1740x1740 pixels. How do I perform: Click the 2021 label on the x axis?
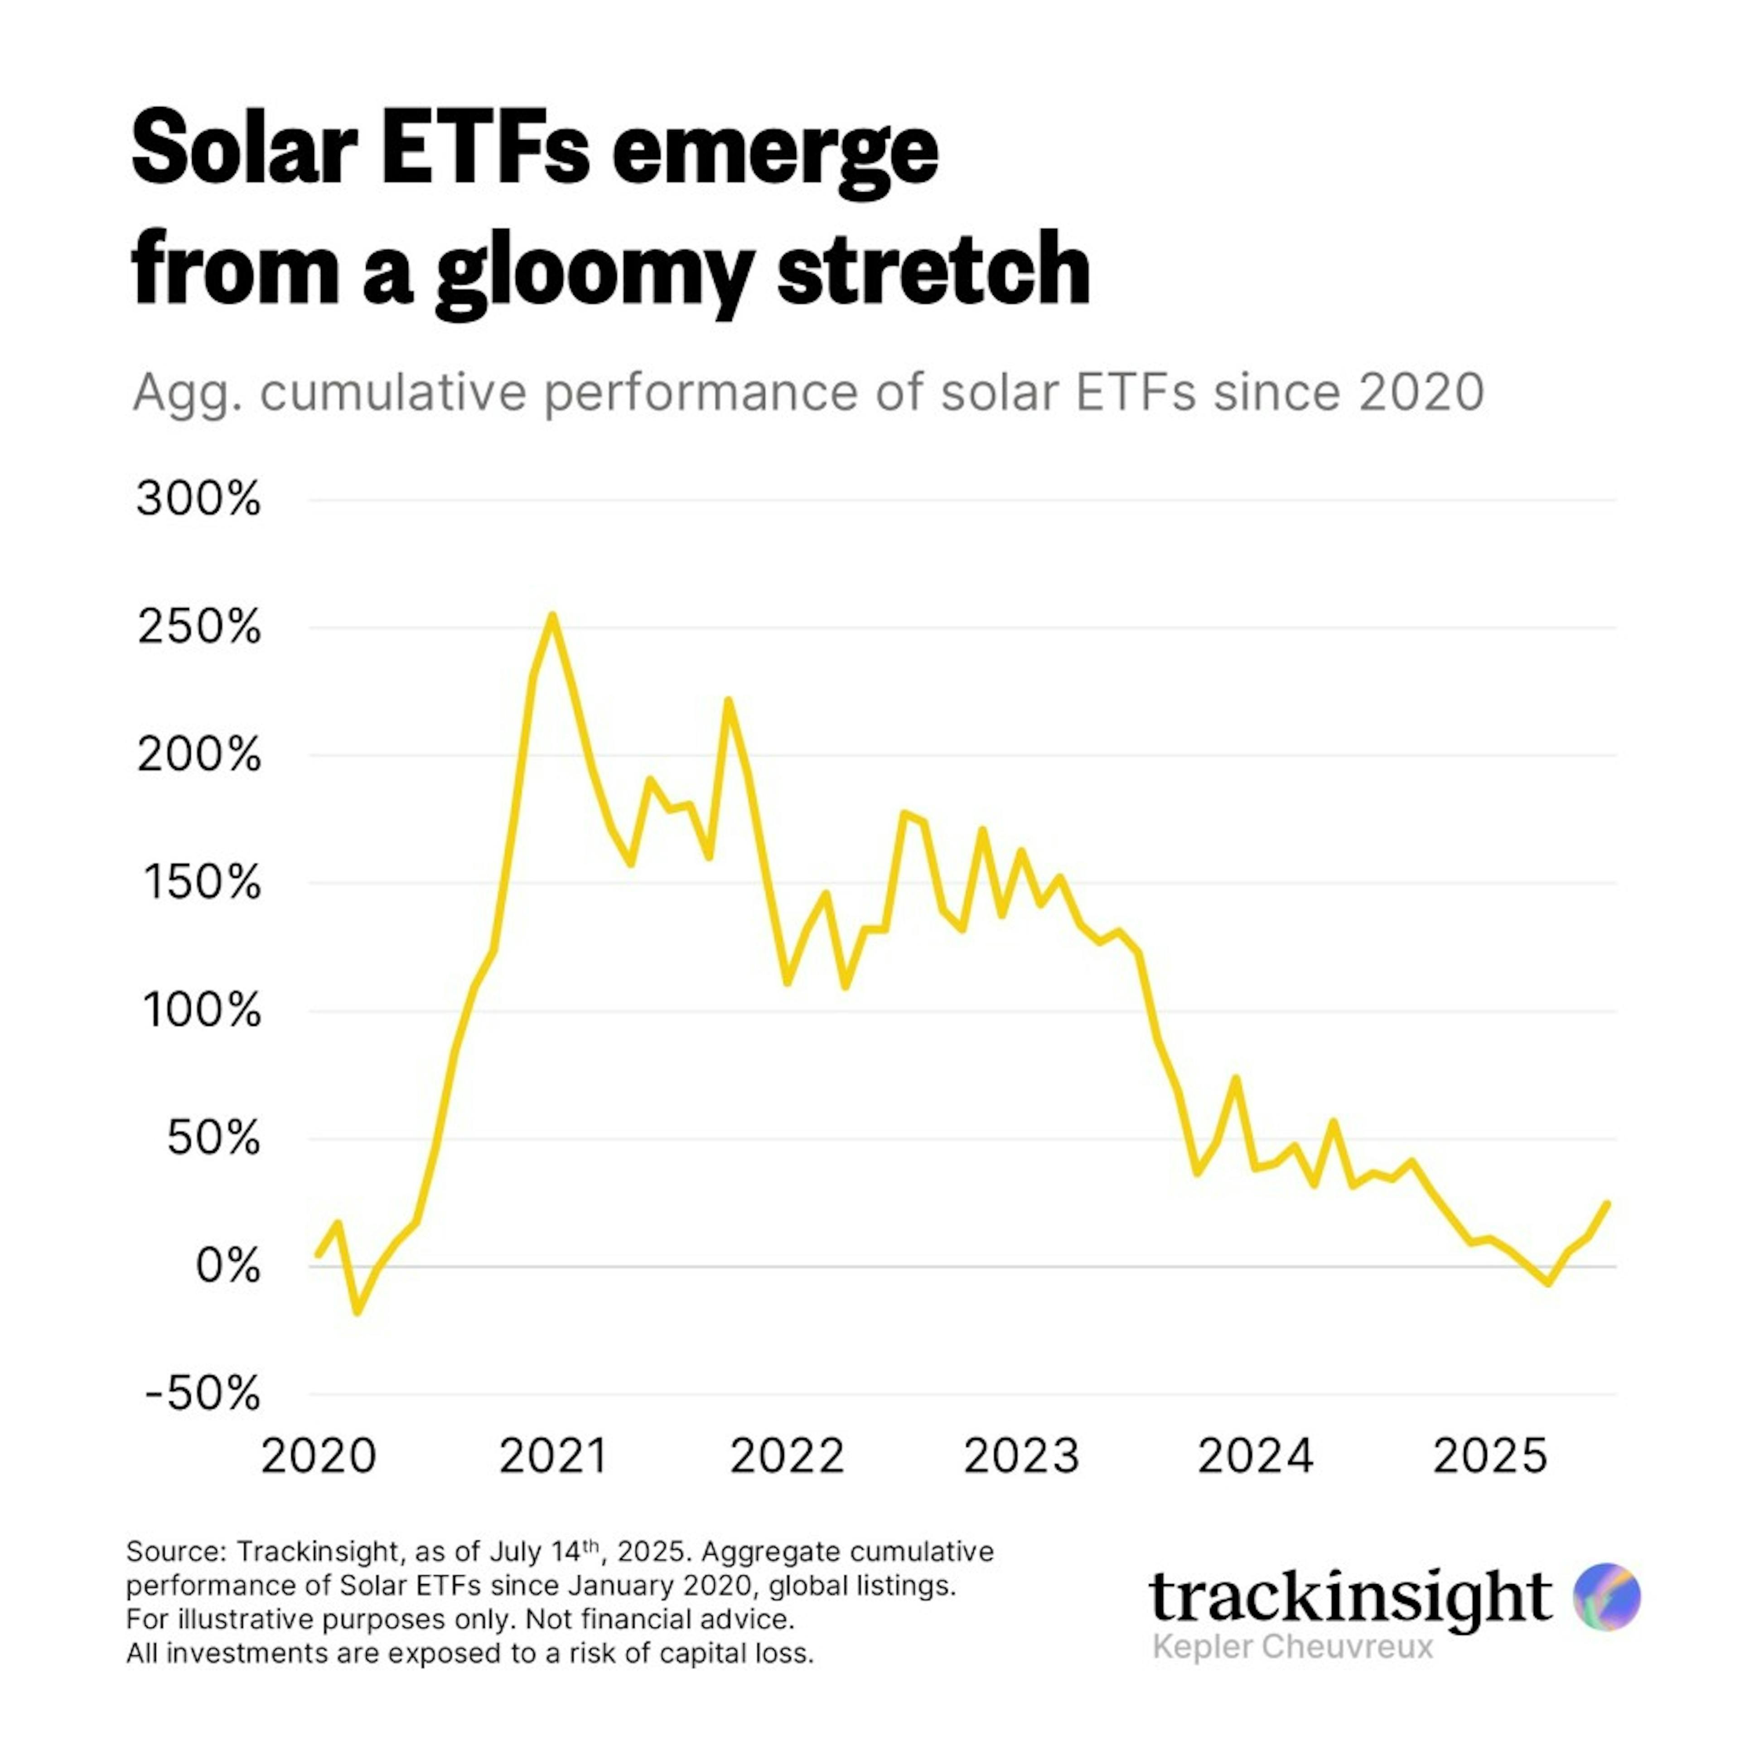(553, 1456)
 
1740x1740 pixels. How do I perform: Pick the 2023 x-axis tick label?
(1021, 1456)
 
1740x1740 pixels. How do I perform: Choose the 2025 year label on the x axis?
(1489, 1456)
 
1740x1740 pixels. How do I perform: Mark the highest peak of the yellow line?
(552, 616)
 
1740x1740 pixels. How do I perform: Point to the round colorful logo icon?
(1607, 1597)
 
